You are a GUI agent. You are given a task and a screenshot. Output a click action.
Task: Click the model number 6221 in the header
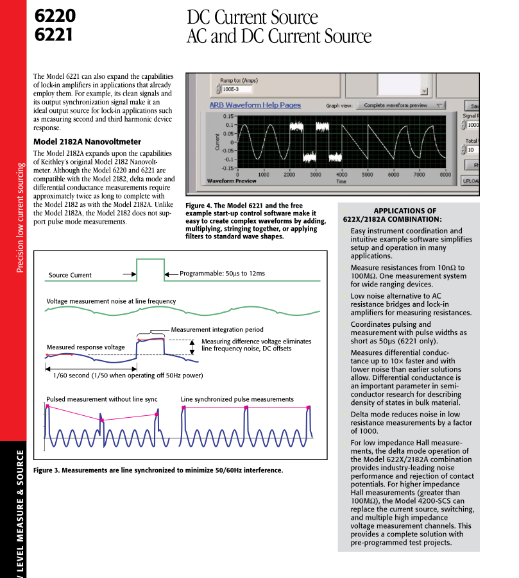54,33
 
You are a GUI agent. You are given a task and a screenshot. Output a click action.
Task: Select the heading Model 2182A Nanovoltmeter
87,142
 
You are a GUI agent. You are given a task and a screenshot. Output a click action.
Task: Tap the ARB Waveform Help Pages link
255,105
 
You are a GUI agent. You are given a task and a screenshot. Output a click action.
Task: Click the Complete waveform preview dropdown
401,106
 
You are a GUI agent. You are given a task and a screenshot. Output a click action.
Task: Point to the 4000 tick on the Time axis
341,174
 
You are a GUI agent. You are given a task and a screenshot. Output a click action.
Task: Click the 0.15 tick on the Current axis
228,116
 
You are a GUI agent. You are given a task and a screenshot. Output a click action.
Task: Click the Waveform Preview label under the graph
232,181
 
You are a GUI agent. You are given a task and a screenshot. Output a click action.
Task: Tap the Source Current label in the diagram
70,276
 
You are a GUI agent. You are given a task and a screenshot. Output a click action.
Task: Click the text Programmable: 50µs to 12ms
222,274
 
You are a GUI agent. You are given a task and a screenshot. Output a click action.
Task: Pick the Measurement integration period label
217,330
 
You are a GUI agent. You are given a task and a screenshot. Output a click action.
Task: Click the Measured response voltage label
85,347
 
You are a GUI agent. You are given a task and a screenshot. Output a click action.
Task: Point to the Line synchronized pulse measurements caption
237,399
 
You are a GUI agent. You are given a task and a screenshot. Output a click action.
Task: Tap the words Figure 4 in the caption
201,206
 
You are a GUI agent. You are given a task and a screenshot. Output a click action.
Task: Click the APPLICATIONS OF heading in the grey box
404,211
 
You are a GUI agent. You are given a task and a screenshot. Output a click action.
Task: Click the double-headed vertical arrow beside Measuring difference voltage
191,346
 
